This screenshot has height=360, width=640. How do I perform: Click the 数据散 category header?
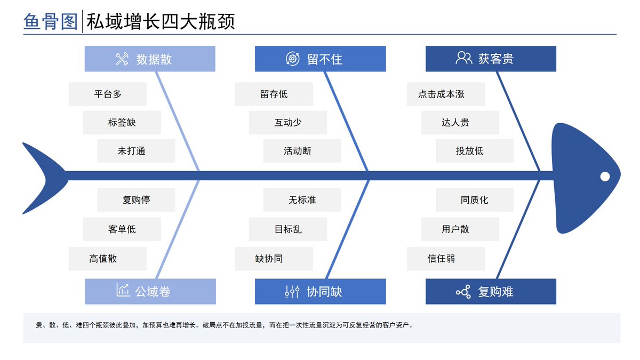[150, 59]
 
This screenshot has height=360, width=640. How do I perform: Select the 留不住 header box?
[321, 59]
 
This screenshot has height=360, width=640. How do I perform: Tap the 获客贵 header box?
[491, 59]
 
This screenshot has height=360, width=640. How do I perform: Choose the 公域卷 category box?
[150, 291]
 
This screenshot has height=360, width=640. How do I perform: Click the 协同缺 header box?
[321, 291]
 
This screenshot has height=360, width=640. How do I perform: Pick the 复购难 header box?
[491, 291]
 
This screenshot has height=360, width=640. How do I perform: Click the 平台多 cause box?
[108, 94]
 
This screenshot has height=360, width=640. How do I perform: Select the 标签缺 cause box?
[122, 122]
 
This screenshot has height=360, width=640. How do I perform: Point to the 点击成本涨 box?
[446, 94]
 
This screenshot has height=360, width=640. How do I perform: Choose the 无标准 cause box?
[302, 199]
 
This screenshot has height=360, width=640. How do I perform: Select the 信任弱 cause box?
[446, 259]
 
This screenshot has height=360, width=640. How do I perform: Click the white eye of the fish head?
[605, 177]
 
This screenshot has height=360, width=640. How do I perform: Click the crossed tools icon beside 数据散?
[122, 59]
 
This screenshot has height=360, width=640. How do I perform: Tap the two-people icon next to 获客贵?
[463, 58]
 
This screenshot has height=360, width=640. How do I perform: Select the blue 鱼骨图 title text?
[51, 21]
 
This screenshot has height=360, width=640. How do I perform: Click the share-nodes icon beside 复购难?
[463, 292]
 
